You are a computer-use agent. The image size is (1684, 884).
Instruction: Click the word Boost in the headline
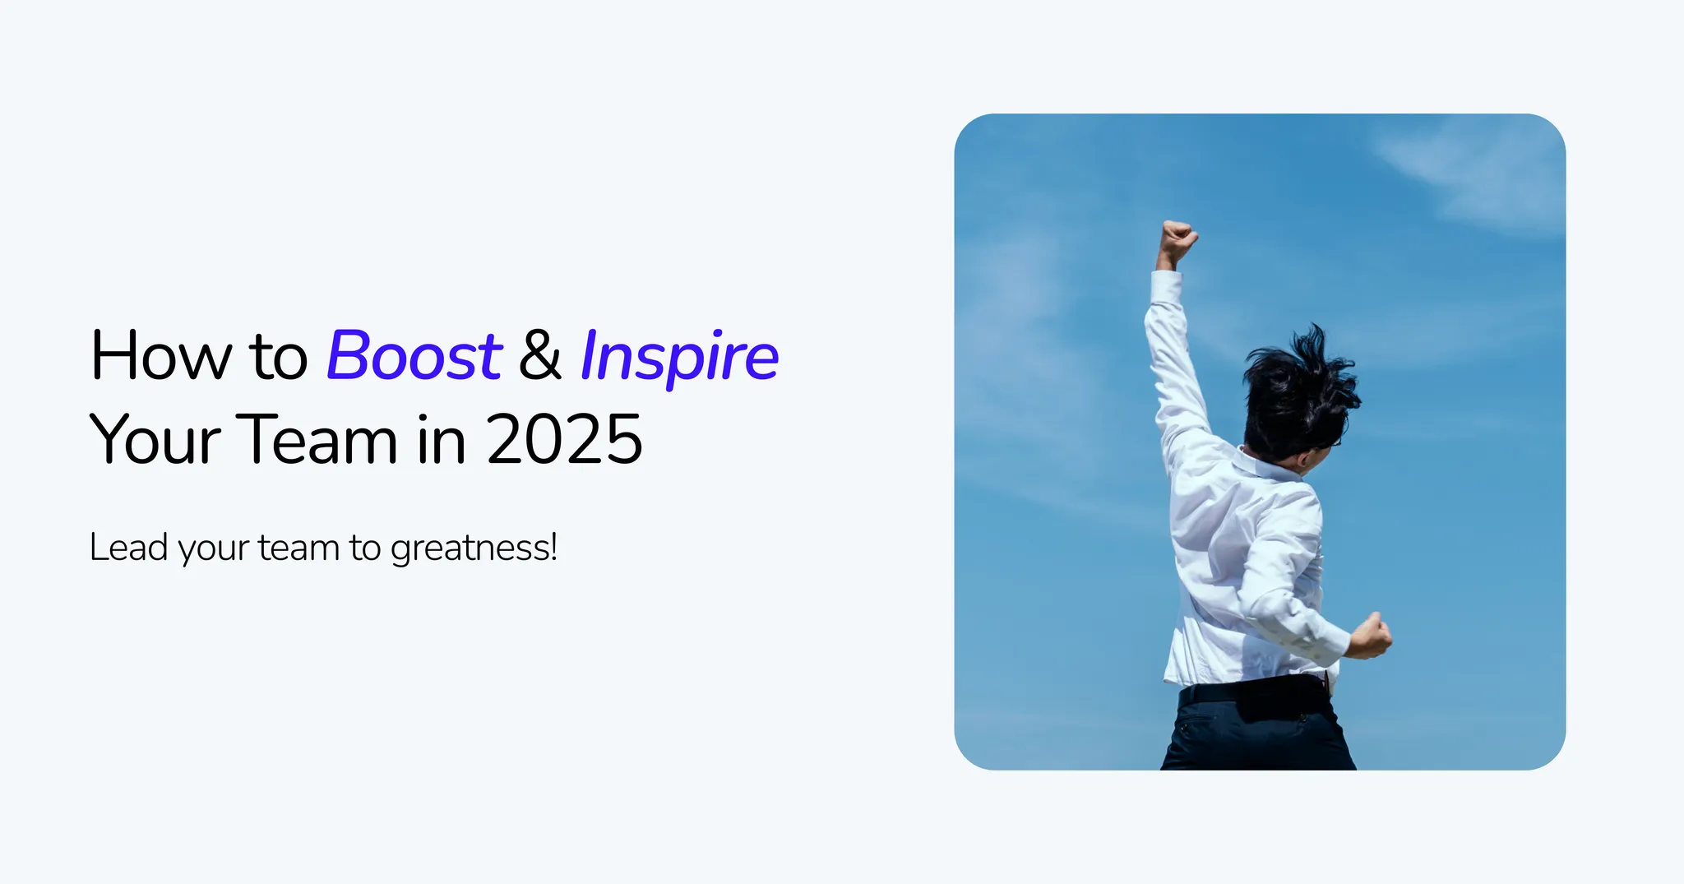point(414,357)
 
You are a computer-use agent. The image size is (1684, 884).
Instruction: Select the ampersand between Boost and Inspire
point(540,357)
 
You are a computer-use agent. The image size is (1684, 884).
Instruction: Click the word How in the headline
point(161,357)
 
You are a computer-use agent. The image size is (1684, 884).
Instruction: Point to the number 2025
point(564,440)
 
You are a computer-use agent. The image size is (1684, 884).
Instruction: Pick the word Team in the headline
point(317,440)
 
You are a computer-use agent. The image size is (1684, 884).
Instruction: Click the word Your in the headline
point(155,440)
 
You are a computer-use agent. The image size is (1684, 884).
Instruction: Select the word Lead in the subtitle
point(128,548)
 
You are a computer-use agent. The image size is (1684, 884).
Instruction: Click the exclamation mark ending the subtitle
point(554,547)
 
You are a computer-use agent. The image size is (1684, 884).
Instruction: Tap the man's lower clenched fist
point(1370,636)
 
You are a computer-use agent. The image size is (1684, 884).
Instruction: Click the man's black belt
point(1250,689)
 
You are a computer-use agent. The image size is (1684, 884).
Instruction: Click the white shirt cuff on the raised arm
point(1166,288)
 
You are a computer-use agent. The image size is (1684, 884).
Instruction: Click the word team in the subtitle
point(298,548)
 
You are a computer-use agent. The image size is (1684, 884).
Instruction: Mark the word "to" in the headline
point(278,357)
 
